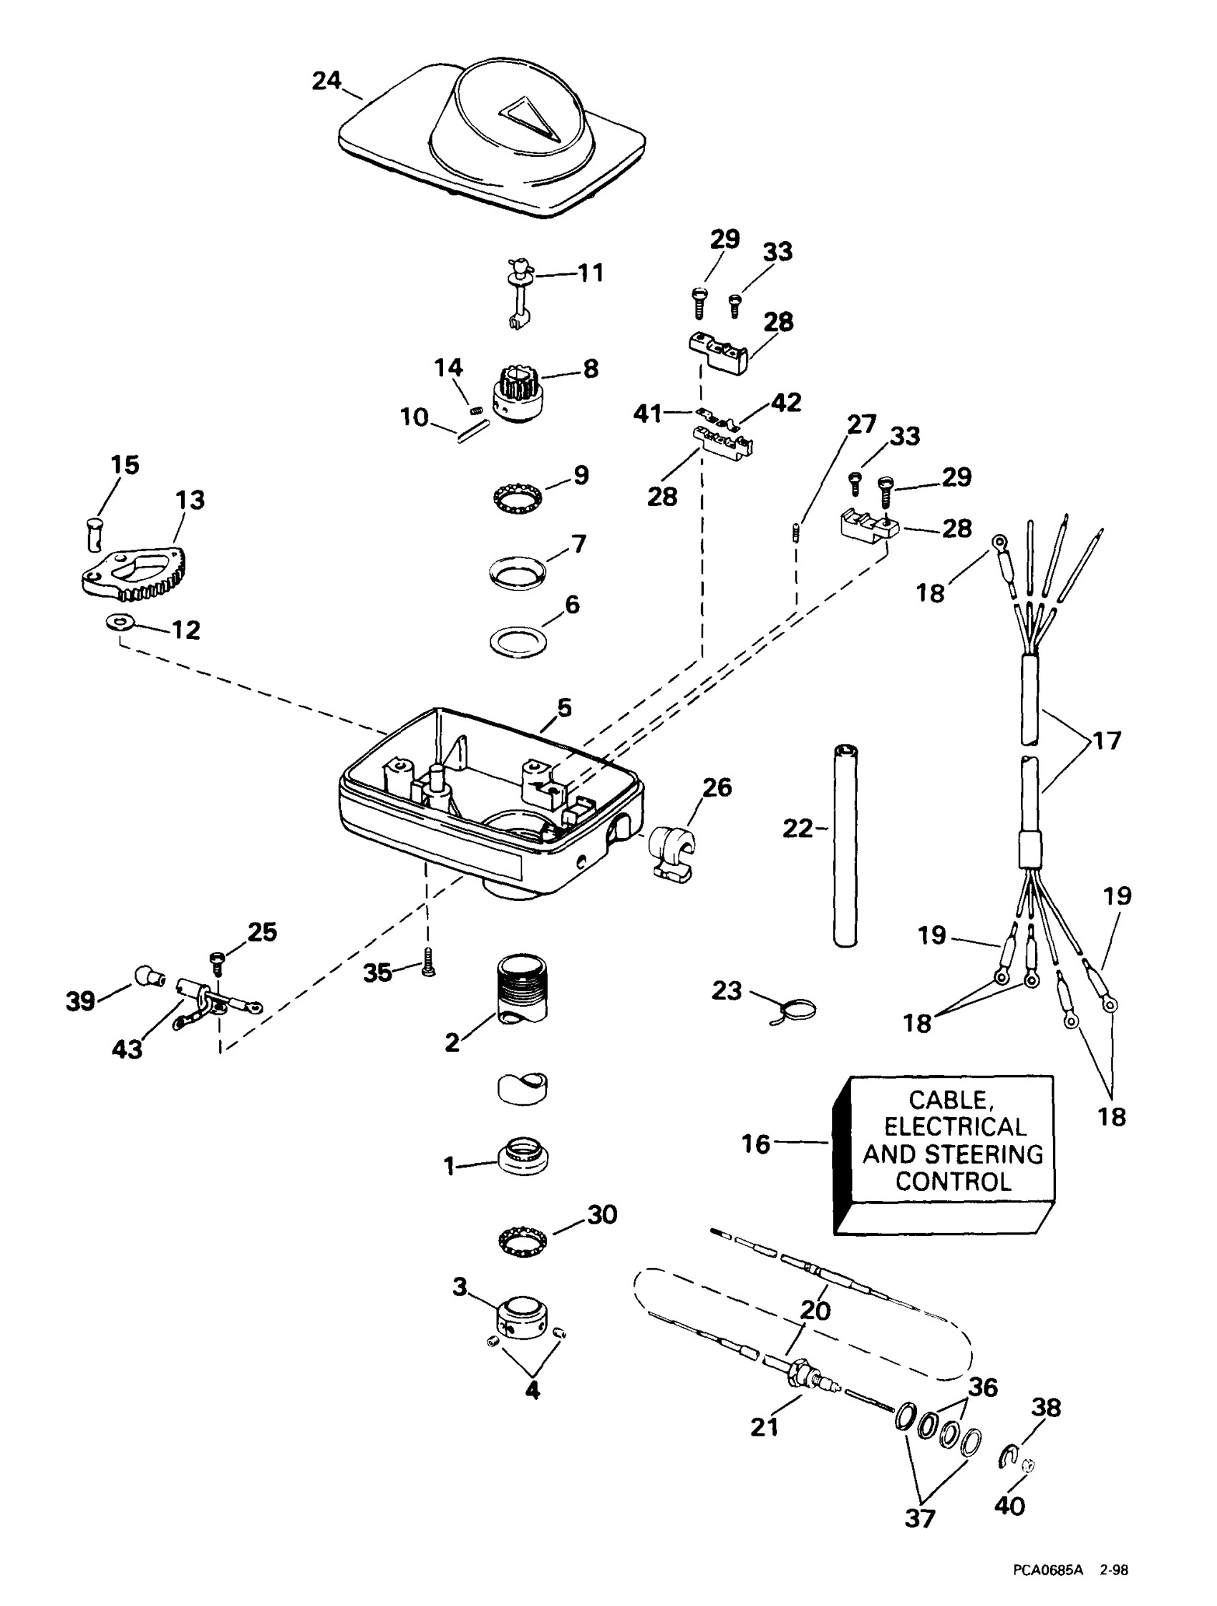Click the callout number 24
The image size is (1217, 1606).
pos(326,81)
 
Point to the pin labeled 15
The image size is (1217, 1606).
pos(94,534)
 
